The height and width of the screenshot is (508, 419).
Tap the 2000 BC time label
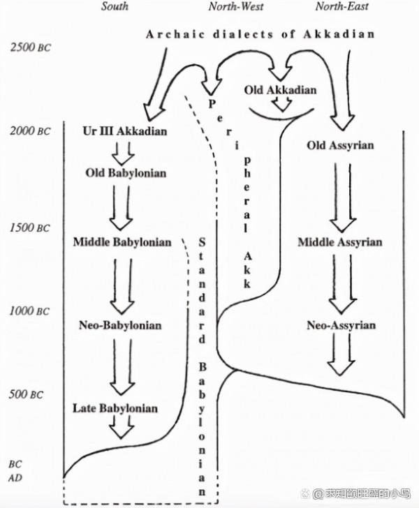(x=29, y=130)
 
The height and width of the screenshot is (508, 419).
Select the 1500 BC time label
(x=29, y=228)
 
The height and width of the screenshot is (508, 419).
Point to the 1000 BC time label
(x=29, y=311)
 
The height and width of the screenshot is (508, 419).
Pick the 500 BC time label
(x=27, y=395)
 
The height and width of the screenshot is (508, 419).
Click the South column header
(x=115, y=7)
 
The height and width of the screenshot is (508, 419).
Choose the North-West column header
(x=236, y=7)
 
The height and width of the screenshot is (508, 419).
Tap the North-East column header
(x=342, y=7)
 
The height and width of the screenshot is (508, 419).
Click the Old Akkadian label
(x=280, y=90)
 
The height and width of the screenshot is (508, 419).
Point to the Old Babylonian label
(x=126, y=172)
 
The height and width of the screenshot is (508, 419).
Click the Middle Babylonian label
(x=122, y=242)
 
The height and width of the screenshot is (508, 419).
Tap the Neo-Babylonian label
(x=121, y=325)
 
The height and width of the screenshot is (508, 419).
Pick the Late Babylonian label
(x=115, y=408)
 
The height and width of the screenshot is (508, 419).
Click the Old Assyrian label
(x=341, y=146)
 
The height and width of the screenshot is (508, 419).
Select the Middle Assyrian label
(x=340, y=242)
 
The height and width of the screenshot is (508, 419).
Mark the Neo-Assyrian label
(x=341, y=325)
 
